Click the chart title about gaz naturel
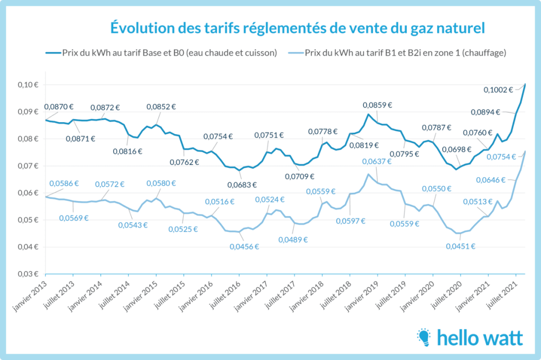pos(297,27)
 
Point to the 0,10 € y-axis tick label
pos(29,85)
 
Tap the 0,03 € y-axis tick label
pos(29,274)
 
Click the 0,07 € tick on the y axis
pos(29,166)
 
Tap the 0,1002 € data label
pos(498,90)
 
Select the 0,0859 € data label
pos(379,105)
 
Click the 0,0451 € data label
pos(460,246)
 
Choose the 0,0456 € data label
pos(244,246)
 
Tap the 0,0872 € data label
pos(104,107)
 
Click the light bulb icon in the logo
pos(424,337)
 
